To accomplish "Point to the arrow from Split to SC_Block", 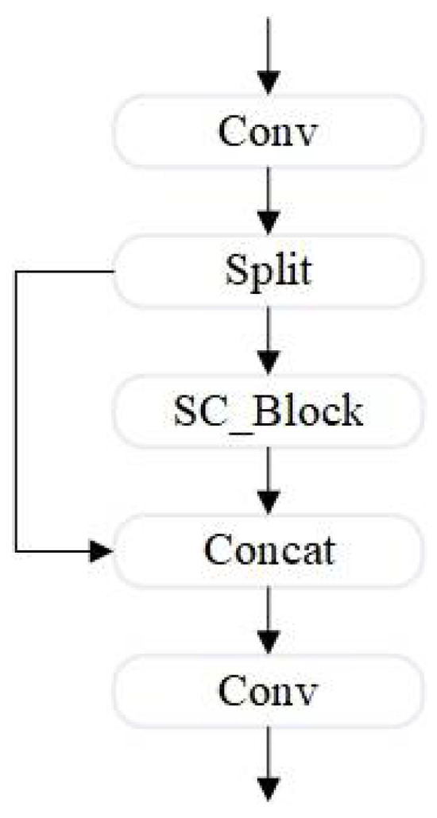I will (x=270, y=340).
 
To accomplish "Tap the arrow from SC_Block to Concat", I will (x=270, y=479).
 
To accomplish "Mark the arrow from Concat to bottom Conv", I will (x=270, y=619).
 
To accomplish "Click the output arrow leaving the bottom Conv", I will (x=270, y=762).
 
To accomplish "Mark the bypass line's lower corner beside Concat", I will (x=17, y=550).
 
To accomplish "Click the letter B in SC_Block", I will (x=269, y=413).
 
